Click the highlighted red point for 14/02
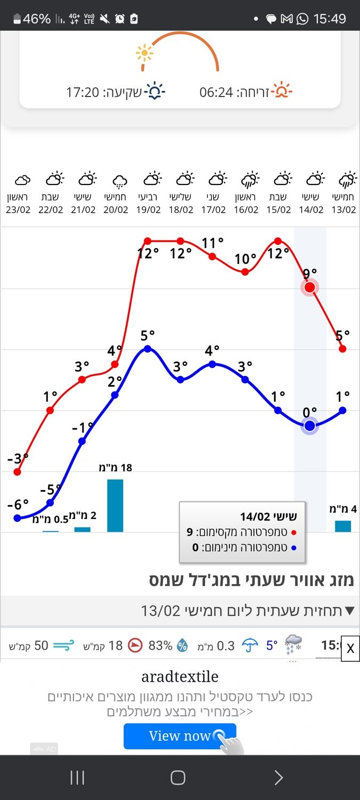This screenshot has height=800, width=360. pos(309,288)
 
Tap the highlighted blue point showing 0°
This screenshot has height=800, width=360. pos(309,426)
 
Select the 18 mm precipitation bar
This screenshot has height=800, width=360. pos(115,506)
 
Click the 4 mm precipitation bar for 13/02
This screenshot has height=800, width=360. pos(343,526)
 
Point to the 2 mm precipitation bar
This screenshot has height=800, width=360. pos(82,529)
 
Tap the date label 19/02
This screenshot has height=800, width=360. pos(148,210)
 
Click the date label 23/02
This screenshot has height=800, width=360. pos(18,210)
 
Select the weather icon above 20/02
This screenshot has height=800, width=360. pos(119,181)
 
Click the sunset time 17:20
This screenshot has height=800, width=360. pos(83,92)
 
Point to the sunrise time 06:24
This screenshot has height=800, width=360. pos(216,92)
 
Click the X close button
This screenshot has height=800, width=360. pos(350,649)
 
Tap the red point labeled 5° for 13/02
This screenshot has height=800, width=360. pos(342,349)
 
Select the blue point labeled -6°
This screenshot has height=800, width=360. pos(17,517)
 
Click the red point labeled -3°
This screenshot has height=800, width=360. pos(17,471)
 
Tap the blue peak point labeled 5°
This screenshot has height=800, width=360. pos(148,349)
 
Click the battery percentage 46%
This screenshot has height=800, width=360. pos(36,19)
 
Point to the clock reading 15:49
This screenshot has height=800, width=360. pos(330,19)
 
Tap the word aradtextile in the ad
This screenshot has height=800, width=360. pos(180,677)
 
